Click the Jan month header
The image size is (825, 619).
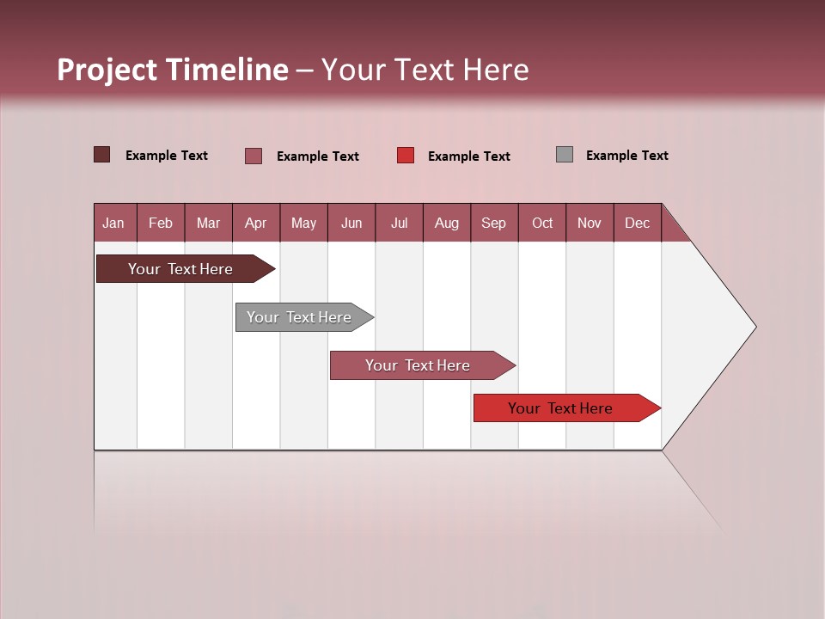[113, 223]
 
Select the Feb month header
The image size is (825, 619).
[161, 223]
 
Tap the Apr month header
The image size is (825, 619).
[255, 223]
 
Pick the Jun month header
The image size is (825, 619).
[351, 223]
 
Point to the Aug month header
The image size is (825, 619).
[446, 223]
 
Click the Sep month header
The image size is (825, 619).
[493, 223]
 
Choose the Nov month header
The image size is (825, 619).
[589, 223]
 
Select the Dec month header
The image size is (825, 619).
[637, 223]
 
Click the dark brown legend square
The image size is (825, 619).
[101, 155]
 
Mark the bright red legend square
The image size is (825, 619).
[406, 156]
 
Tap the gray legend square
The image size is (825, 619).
[564, 155]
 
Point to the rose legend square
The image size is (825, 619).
[254, 156]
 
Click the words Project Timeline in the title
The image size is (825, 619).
[173, 70]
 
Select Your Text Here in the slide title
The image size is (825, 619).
[425, 70]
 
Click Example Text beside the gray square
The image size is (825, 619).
[626, 156]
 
